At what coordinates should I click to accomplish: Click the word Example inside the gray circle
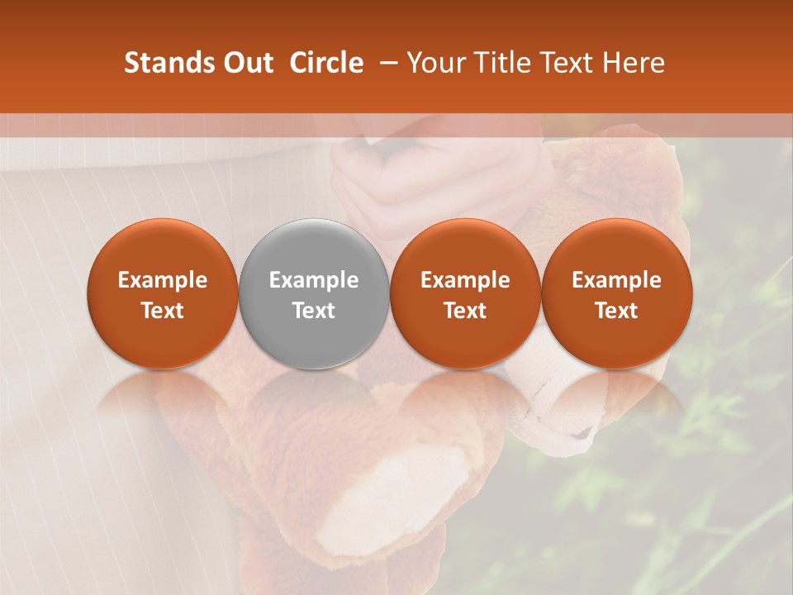(314, 280)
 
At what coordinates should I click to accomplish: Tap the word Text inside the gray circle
(314, 311)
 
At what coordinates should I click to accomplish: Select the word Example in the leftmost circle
(163, 280)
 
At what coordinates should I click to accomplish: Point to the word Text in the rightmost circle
(616, 311)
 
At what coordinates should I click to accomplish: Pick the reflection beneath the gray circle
(314, 397)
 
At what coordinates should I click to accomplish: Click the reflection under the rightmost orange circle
(616, 397)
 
